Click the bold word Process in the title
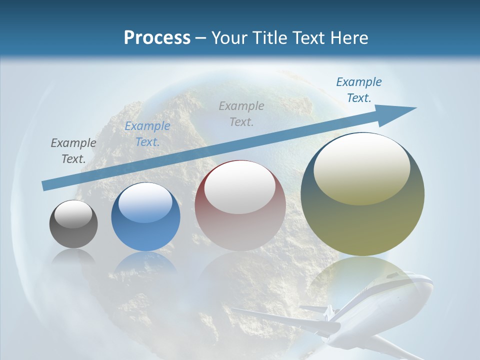(x=157, y=37)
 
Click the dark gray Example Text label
(x=73, y=150)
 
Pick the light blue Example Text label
(x=147, y=134)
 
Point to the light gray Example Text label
(x=241, y=113)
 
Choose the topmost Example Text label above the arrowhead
(x=359, y=89)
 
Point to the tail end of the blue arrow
(x=45, y=186)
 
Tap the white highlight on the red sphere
(x=240, y=187)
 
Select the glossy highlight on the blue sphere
(x=145, y=202)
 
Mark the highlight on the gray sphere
(x=73, y=214)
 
